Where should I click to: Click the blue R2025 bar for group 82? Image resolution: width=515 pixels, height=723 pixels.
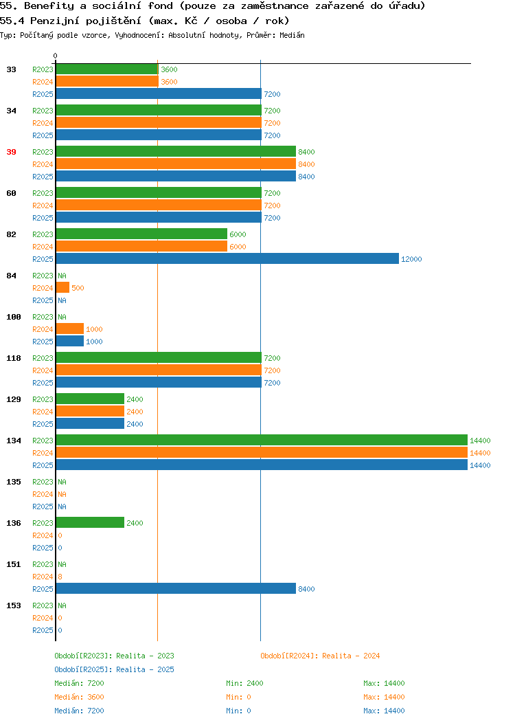(x=227, y=258)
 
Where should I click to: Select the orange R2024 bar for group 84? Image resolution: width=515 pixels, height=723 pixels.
(x=62, y=288)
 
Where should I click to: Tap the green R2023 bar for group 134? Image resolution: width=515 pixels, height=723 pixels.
(x=262, y=441)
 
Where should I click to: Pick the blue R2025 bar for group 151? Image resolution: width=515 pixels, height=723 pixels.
(x=176, y=588)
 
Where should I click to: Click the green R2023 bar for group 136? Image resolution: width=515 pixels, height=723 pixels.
(x=90, y=522)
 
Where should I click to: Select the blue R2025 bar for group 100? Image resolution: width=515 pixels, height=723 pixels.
(x=70, y=341)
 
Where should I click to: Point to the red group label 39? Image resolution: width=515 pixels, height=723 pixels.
(x=12, y=152)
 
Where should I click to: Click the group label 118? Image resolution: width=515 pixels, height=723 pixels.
(x=13, y=358)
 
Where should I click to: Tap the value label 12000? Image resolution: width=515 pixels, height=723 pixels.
(x=411, y=259)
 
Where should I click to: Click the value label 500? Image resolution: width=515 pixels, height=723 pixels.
(x=78, y=288)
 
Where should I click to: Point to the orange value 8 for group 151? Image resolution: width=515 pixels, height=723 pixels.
(x=60, y=577)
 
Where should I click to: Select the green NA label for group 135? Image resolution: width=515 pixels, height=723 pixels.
(x=62, y=482)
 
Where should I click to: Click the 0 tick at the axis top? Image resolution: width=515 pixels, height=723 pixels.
(x=56, y=56)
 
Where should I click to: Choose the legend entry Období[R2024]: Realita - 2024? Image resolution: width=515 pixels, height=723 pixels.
(x=320, y=656)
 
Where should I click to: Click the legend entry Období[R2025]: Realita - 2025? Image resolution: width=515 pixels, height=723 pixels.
(x=114, y=669)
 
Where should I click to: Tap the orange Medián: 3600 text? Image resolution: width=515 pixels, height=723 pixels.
(x=79, y=697)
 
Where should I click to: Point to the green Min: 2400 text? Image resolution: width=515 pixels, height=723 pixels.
(x=244, y=683)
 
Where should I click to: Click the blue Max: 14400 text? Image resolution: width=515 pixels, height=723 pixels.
(x=384, y=711)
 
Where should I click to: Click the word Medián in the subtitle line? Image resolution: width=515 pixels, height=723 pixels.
(x=292, y=35)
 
